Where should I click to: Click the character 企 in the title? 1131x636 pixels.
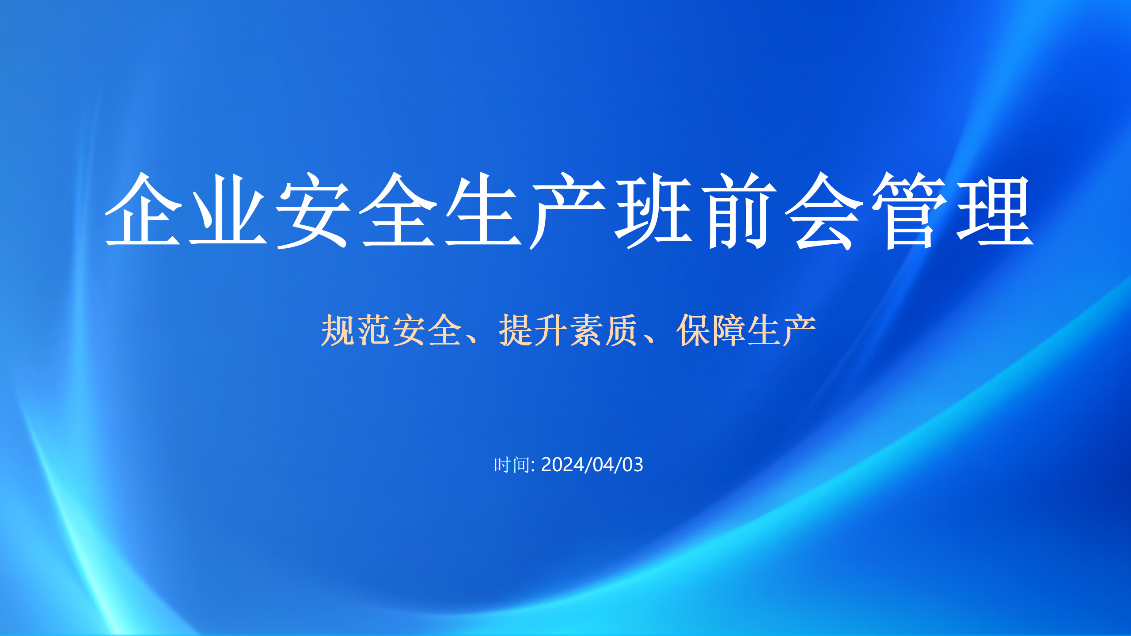143,209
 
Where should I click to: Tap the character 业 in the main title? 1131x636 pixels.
228,209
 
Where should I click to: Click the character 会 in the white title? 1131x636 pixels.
824,211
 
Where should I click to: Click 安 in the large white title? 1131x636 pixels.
313,210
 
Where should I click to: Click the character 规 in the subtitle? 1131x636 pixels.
338,330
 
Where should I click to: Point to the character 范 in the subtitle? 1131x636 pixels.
373,330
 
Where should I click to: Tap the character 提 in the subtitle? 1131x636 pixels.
516,330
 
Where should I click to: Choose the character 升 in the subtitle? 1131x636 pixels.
551,330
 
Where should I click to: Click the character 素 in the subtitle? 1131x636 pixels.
586,330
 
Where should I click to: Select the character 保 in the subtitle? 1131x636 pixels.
693,330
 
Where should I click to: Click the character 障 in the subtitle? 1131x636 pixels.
729,330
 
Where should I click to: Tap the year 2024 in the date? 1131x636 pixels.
562,465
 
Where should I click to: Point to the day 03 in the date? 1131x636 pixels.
633,465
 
